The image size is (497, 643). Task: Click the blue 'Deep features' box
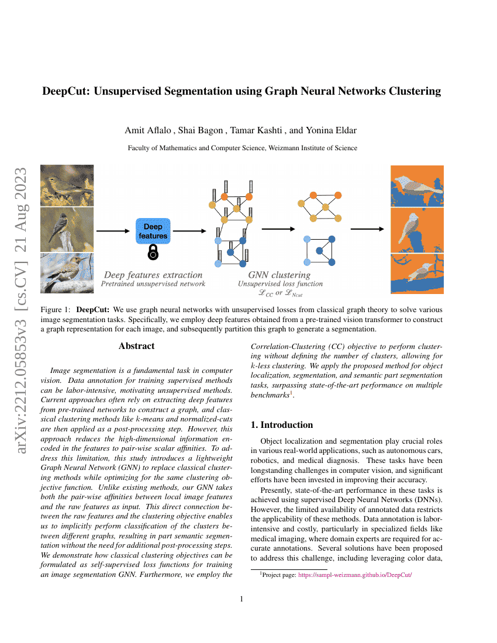(x=153, y=231)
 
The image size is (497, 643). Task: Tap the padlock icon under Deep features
(x=153, y=253)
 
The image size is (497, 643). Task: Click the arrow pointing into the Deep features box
(x=113, y=231)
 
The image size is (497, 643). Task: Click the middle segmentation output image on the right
(x=417, y=229)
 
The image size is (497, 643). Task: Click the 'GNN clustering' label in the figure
(x=279, y=274)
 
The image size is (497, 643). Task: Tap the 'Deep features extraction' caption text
(x=153, y=274)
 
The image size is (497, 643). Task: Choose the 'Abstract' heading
(x=136, y=346)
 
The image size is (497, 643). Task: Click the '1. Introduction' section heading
(x=282, y=425)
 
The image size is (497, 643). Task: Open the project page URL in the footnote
(x=356, y=575)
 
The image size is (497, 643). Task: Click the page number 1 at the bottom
(x=241, y=599)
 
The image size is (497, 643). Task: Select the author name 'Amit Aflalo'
(x=140, y=130)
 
